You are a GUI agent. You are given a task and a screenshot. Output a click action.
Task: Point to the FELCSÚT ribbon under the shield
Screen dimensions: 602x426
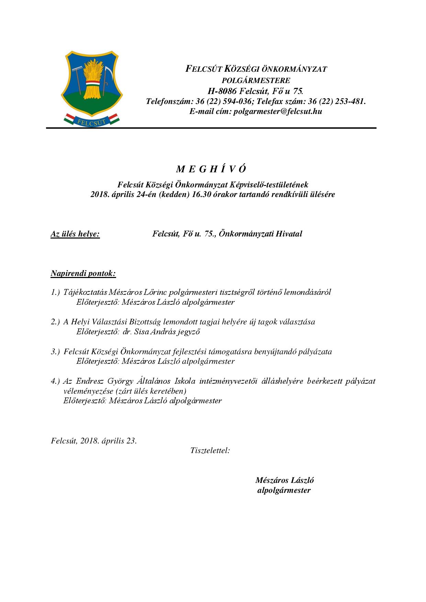click(91, 120)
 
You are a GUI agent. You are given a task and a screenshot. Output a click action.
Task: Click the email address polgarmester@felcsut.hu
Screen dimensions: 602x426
click(278, 111)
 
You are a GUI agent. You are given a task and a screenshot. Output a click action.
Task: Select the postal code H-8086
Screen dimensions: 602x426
click(222, 91)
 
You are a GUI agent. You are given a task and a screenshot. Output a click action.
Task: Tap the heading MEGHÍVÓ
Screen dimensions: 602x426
click(211, 169)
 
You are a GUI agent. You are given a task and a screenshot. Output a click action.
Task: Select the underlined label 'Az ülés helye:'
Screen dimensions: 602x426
click(75, 234)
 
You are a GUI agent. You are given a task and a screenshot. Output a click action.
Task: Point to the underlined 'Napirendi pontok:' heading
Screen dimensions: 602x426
click(83, 274)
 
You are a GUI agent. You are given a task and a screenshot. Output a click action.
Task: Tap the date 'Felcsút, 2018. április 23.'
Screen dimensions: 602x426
click(93, 441)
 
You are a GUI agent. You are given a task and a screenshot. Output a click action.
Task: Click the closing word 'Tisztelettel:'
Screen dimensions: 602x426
click(210, 450)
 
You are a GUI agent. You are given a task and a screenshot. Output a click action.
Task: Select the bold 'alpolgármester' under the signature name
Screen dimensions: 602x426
click(284, 490)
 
